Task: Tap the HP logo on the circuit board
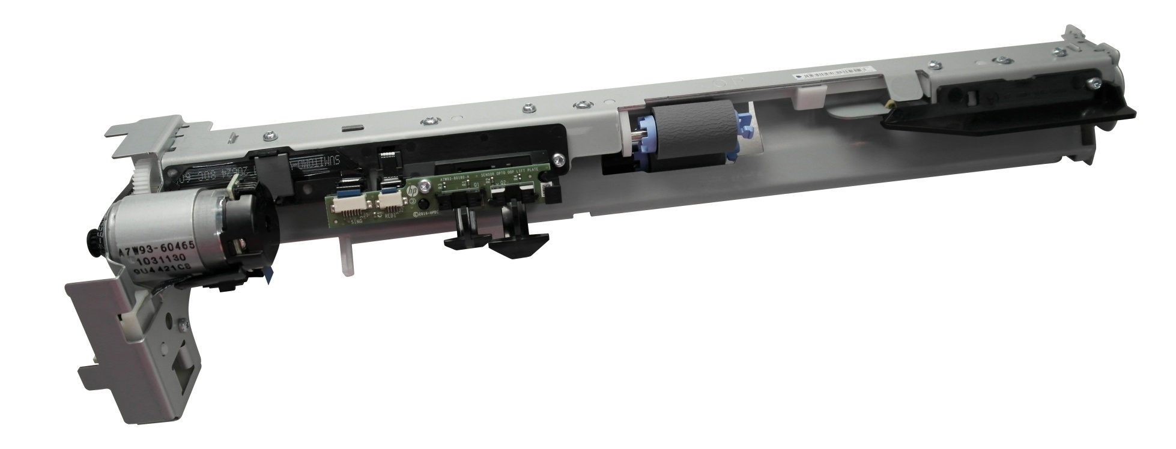[x=413, y=190]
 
